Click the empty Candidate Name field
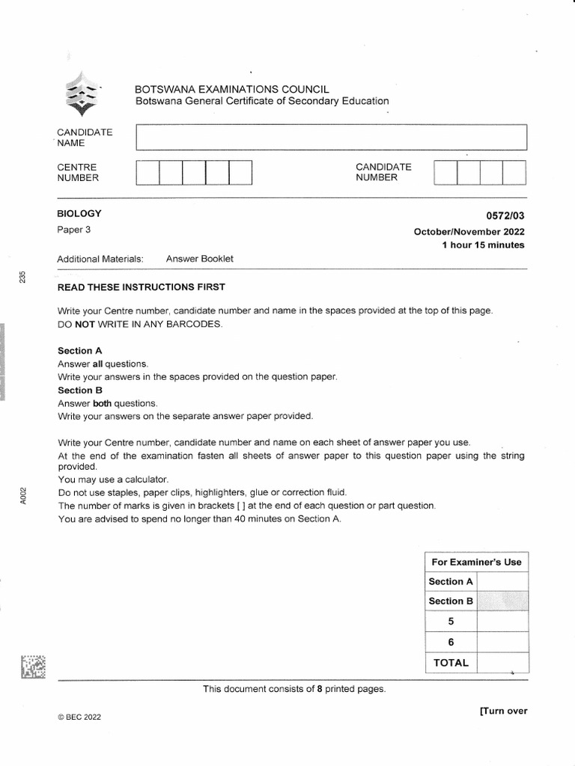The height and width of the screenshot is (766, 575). pyautogui.click(x=331, y=138)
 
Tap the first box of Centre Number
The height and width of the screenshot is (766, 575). pyautogui.click(x=147, y=173)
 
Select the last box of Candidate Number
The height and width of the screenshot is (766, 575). pyautogui.click(x=514, y=173)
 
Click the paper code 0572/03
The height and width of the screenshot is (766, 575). pyautogui.click(x=507, y=215)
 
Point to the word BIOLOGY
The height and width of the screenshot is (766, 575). pyautogui.click(x=79, y=214)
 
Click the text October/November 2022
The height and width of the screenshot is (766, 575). pyautogui.click(x=469, y=231)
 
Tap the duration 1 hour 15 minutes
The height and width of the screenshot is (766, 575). pyautogui.click(x=483, y=245)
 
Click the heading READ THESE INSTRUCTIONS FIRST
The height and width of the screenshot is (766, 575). pyautogui.click(x=142, y=287)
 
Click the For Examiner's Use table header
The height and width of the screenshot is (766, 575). pyautogui.click(x=476, y=562)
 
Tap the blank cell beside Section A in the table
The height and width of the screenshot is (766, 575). pyautogui.click(x=502, y=581)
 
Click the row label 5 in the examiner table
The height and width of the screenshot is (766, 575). pyautogui.click(x=450, y=621)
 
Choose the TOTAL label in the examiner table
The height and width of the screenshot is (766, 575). pyautogui.click(x=450, y=662)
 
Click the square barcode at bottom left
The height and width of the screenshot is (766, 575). pyautogui.click(x=34, y=667)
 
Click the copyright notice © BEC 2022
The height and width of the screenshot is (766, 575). pyautogui.click(x=79, y=717)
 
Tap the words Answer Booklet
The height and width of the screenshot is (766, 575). pyautogui.click(x=200, y=259)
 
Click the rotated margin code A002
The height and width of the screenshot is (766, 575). pyautogui.click(x=23, y=495)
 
